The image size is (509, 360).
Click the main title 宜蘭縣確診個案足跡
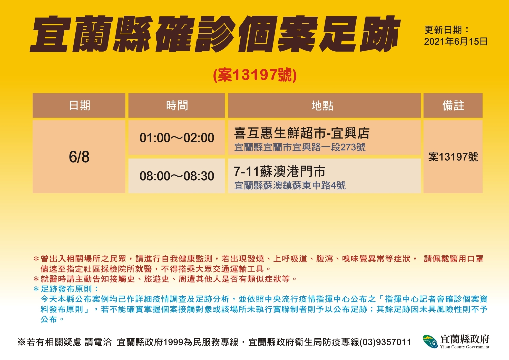click(x=215, y=34)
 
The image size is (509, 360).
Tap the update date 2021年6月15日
click(x=456, y=42)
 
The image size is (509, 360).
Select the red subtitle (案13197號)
click(x=255, y=75)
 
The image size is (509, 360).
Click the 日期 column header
click(x=80, y=105)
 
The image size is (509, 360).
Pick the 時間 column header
click(x=177, y=105)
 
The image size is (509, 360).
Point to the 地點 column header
click(x=322, y=105)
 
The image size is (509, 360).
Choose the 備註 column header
click(x=453, y=105)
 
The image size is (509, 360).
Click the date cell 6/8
click(x=79, y=157)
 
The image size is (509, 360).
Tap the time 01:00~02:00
click(x=177, y=138)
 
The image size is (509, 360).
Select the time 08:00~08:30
click(x=177, y=176)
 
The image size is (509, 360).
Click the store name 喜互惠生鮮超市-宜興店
click(x=302, y=133)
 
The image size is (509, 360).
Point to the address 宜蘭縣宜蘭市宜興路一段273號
click(x=300, y=147)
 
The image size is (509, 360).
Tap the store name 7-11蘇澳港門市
click(x=280, y=171)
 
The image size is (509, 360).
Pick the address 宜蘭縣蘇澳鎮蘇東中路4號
click(x=290, y=185)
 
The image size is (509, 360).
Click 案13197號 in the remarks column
click(x=453, y=157)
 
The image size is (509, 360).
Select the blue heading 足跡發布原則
click(x=66, y=289)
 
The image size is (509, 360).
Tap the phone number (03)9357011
click(x=385, y=342)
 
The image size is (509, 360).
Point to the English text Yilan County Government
click(x=465, y=347)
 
